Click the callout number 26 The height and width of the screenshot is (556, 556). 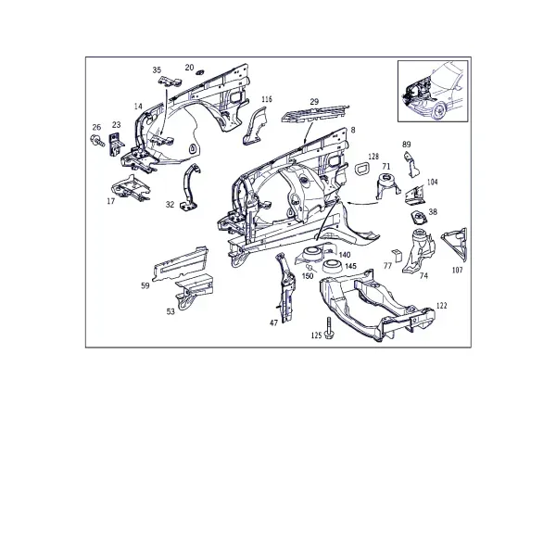96,127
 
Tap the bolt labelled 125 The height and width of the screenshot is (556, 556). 329,328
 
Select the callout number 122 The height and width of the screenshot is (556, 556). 441,305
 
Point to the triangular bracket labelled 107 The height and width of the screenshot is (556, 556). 455,244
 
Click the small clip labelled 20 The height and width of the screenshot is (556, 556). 199,72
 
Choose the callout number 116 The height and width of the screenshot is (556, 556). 267,99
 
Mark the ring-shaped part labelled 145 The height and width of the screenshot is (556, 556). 333,266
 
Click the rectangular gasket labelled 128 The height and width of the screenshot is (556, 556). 362,169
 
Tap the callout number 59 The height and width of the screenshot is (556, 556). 145,285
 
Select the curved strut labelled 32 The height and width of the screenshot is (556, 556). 189,188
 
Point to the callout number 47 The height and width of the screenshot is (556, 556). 273,322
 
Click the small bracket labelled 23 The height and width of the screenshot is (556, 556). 116,145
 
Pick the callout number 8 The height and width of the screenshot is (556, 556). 353,130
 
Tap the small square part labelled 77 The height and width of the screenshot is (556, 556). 397,255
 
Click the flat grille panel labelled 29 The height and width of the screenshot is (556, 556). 314,114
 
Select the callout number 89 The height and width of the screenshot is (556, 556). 407,145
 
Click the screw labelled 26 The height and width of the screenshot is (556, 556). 98,140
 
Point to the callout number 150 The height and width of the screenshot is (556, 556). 308,275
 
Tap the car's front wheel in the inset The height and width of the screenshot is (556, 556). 439,110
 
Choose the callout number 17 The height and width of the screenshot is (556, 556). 111,201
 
